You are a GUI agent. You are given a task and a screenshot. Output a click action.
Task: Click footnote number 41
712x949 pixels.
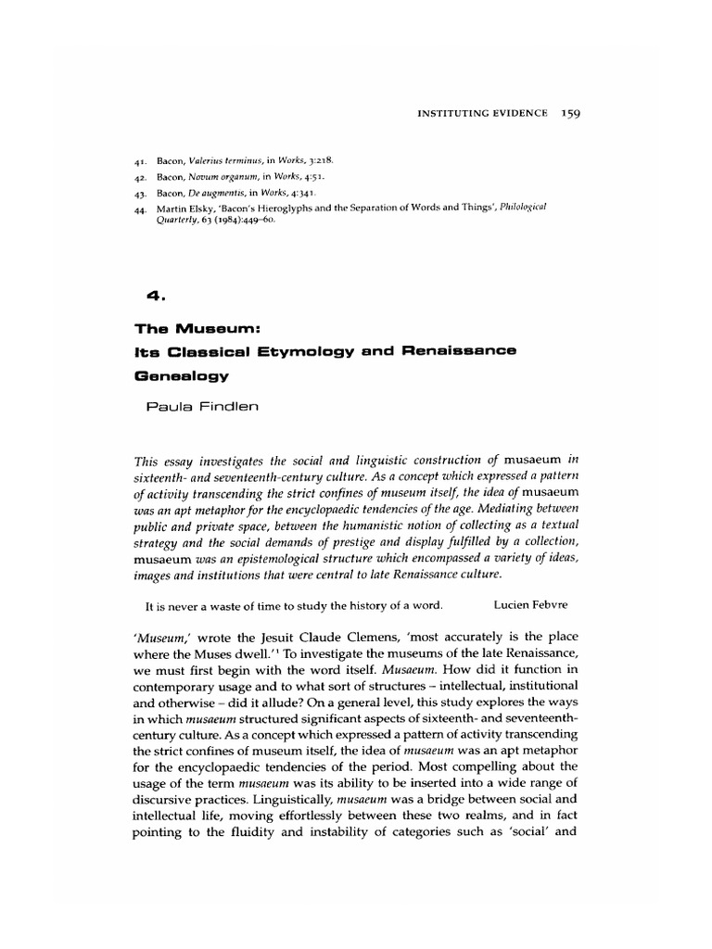[140, 160]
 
